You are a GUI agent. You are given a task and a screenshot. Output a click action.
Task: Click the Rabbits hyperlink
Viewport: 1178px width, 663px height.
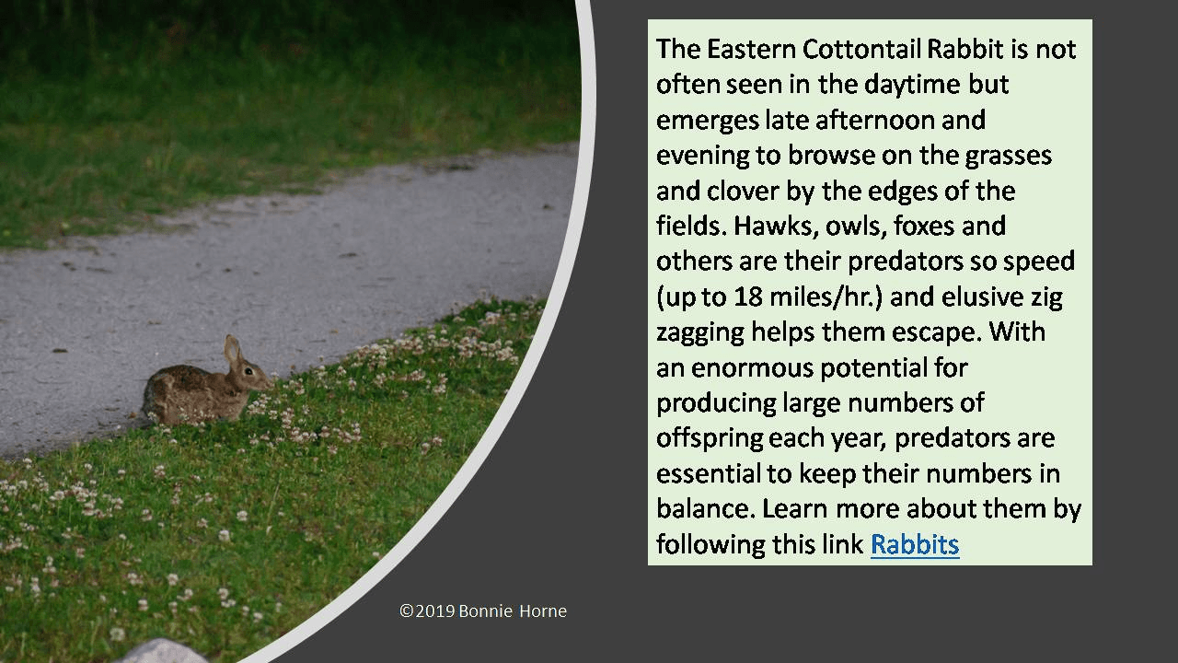(x=914, y=544)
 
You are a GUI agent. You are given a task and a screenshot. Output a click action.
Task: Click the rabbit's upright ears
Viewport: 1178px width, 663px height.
(x=233, y=349)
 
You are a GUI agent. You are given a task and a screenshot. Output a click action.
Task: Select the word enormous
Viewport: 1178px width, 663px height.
(x=750, y=367)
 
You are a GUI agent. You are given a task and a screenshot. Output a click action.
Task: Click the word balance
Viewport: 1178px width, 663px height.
(x=701, y=508)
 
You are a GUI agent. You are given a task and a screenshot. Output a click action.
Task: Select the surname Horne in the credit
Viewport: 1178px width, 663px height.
(x=543, y=611)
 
